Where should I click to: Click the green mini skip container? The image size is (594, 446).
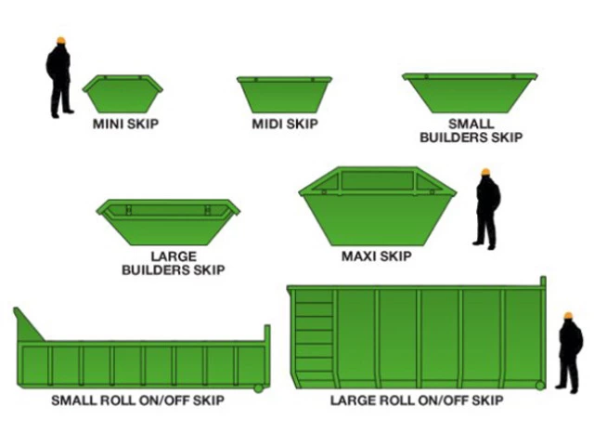(123, 94)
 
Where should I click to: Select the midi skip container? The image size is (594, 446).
(284, 95)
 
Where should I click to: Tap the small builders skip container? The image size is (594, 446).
(470, 93)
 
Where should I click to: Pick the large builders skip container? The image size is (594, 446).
(168, 222)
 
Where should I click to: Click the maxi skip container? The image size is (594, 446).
(378, 206)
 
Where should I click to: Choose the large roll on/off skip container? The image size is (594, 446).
(417, 337)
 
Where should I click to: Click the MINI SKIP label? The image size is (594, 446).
(126, 124)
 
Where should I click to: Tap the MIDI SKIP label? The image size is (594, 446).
(285, 124)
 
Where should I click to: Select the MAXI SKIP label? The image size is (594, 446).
(377, 256)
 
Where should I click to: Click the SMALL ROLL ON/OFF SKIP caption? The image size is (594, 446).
(138, 400)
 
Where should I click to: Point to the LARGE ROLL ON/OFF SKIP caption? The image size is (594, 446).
(417, 400)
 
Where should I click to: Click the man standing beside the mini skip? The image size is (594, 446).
(58, 78)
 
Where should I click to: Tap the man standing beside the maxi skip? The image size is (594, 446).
(487, 209)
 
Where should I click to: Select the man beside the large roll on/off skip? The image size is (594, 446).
(570, 353)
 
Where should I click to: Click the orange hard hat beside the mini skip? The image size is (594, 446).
(61, 40)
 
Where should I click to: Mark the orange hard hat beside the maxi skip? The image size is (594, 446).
(485, 172)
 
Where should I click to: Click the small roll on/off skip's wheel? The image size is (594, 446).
(259, 388)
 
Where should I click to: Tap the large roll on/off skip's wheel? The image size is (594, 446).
(540, 386)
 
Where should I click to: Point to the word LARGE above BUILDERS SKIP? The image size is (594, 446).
(174, 256)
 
